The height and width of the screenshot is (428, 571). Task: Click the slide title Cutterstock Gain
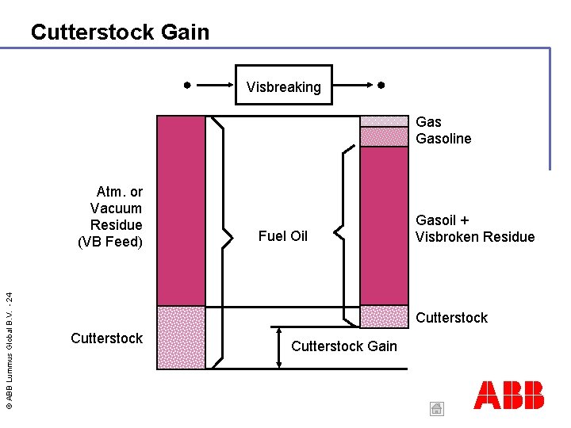[x=120, y=32]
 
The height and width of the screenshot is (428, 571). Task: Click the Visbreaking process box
[x=283, y=86]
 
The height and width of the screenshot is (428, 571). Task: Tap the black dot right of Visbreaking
[x=381, y=84]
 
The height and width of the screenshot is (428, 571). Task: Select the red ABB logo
[x=508, y=395]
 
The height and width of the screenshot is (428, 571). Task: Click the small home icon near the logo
[x=436, y=408]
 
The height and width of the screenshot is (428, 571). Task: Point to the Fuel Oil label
[x=283, y=236]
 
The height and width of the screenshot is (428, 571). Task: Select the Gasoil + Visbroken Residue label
[x=475, y=228]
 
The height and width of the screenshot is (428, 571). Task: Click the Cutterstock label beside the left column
[x=106, y=338]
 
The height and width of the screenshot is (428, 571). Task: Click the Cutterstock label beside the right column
[x=452, y=318]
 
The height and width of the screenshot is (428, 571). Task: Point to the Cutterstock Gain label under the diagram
[x=344, y=346]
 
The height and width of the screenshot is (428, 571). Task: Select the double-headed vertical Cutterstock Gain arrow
[x=280, y=346]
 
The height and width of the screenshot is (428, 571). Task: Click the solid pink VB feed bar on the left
[x=181, y=210]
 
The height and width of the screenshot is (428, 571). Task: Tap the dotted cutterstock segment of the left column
[x=181, y=337]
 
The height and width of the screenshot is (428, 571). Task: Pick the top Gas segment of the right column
[x=384, y=121]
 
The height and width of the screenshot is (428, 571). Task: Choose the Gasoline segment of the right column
[x=384, y=137]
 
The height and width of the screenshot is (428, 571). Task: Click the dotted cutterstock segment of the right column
[x=384, y=315]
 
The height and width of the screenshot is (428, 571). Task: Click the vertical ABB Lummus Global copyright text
[x=9, y=349]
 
